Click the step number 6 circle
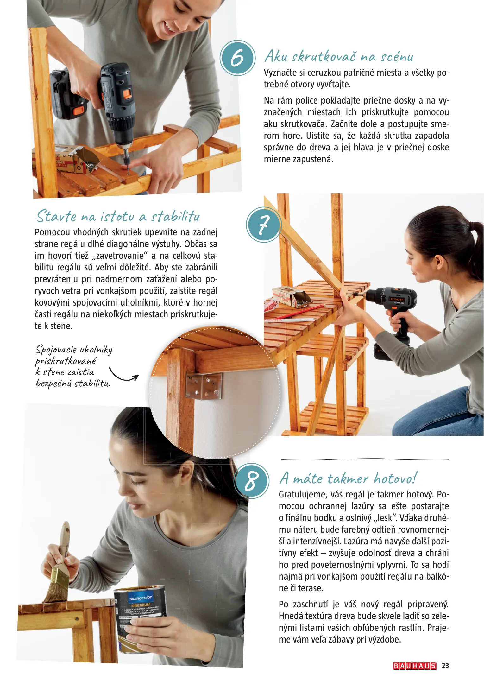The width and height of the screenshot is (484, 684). coord(237,58)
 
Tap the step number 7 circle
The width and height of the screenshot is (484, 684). coord(264,225)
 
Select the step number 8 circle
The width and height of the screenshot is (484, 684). coord(252,481)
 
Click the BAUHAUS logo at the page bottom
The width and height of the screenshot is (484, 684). coord(415,666)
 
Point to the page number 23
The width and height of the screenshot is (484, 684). coord(445,666)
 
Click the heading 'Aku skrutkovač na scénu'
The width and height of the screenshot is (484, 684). coord(339,56)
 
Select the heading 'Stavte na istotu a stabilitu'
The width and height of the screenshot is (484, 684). coord(118,216)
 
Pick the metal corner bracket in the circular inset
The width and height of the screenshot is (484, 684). coord(204,385)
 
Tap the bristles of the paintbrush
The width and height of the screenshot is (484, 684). coord(56,590)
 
